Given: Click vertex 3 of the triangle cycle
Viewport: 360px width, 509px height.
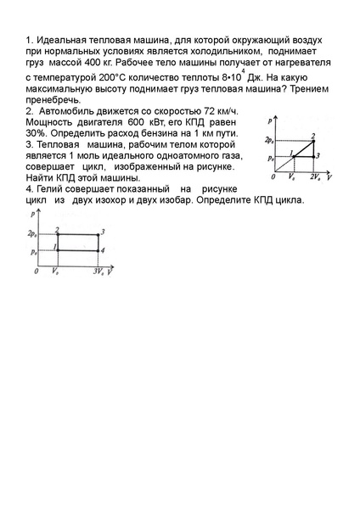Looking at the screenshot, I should [314, 156].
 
